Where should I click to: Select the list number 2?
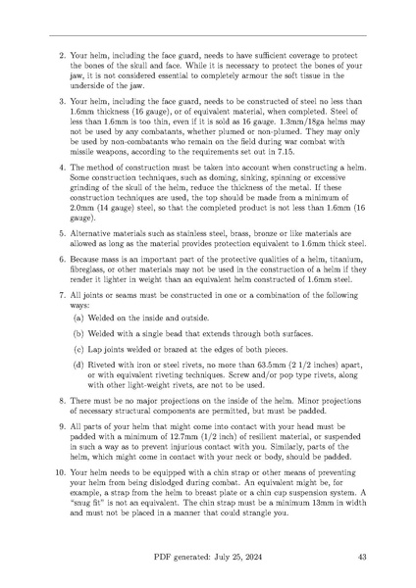click(62, 54)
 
